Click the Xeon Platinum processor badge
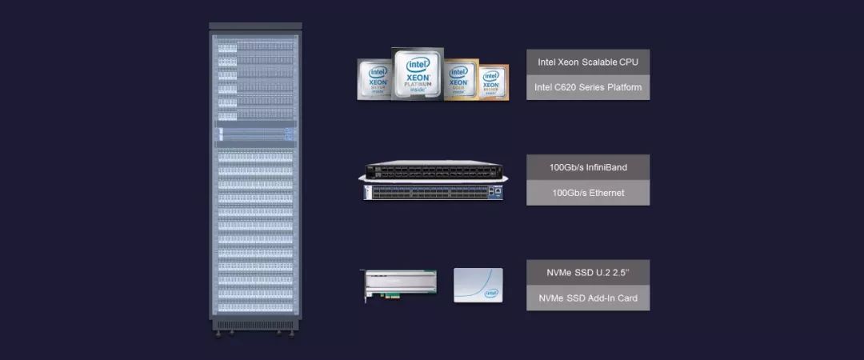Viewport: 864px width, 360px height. coord(418,73)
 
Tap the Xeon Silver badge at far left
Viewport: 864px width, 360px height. coord(378,80)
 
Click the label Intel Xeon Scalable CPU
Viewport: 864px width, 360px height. coord(587,62)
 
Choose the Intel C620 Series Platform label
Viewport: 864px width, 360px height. coord(587,87)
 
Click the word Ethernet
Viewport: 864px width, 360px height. coord(604,193)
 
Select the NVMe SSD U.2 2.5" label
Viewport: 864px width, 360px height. coord(587,272)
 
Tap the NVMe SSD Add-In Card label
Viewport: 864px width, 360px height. coord(587,298)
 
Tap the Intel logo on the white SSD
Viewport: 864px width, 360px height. coord(491,294)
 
